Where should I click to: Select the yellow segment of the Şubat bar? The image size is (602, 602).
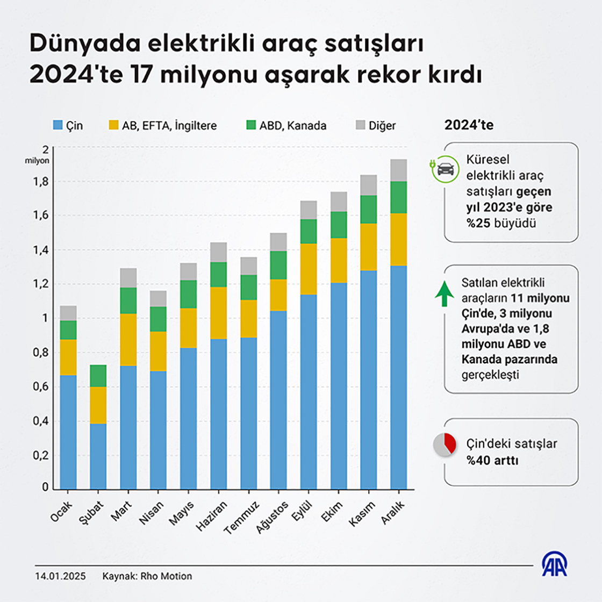98,405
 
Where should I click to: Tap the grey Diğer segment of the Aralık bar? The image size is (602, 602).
398,170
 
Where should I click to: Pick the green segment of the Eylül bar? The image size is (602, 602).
309,231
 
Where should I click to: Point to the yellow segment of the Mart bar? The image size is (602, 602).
128,340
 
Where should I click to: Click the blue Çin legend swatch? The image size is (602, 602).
58,125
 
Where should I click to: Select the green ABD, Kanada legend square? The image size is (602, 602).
251,125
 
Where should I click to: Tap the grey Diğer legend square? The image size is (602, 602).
360,125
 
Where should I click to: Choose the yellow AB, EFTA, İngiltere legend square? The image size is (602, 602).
113,125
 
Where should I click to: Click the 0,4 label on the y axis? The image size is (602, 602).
41,421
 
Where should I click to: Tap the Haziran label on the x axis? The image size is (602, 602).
212,515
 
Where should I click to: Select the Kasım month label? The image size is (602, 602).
362,513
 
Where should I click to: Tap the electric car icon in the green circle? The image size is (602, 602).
445,168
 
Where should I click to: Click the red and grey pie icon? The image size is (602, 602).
445,445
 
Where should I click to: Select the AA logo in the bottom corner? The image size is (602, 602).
554,564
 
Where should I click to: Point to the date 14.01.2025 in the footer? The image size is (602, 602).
60,576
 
